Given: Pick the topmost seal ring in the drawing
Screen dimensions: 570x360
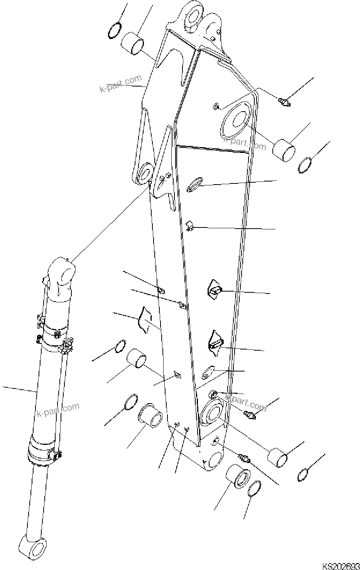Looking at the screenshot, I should (115, 31).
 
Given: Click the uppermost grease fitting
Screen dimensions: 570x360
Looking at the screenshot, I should (284, 102).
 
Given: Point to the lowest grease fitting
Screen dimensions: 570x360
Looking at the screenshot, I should (244, 458).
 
